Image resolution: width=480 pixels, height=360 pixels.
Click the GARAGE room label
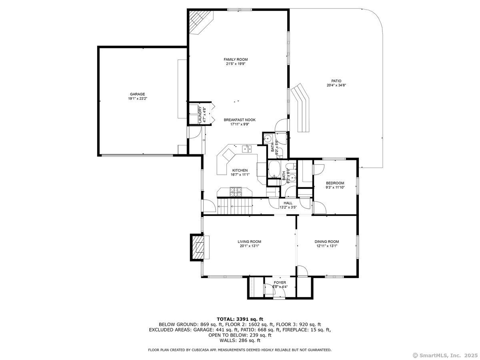(x=137, y=94)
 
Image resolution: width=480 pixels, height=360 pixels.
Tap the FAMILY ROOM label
(x=236, y=60)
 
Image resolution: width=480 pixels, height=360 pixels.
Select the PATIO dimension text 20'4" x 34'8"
(x=336, y=85)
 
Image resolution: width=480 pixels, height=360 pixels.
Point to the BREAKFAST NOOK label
(x=240, y=120)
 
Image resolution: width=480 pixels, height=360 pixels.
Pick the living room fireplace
(x=198, y=247)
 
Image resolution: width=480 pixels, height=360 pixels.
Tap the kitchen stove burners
(x=236, y=192)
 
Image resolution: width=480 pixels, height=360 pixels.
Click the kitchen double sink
(x=247, y=149)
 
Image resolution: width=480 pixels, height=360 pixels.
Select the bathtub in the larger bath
(x=274, y=169)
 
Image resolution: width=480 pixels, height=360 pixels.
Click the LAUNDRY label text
(x=200, y=114)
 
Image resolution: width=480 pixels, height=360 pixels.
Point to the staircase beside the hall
(x=235, y=206)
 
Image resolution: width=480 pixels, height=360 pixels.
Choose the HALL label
(x=288, y=203)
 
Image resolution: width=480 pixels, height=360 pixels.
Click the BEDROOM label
(x=335, y=183)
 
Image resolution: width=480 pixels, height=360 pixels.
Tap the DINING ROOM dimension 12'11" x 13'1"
(x=327, y=246)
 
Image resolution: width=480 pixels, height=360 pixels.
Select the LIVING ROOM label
(x=249, y=242)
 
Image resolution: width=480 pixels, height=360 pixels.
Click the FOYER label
(x=280, y=283)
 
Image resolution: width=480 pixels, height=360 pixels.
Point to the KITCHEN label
(x=240, y=170)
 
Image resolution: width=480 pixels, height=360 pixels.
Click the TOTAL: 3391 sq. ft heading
(x=240, y=319)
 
